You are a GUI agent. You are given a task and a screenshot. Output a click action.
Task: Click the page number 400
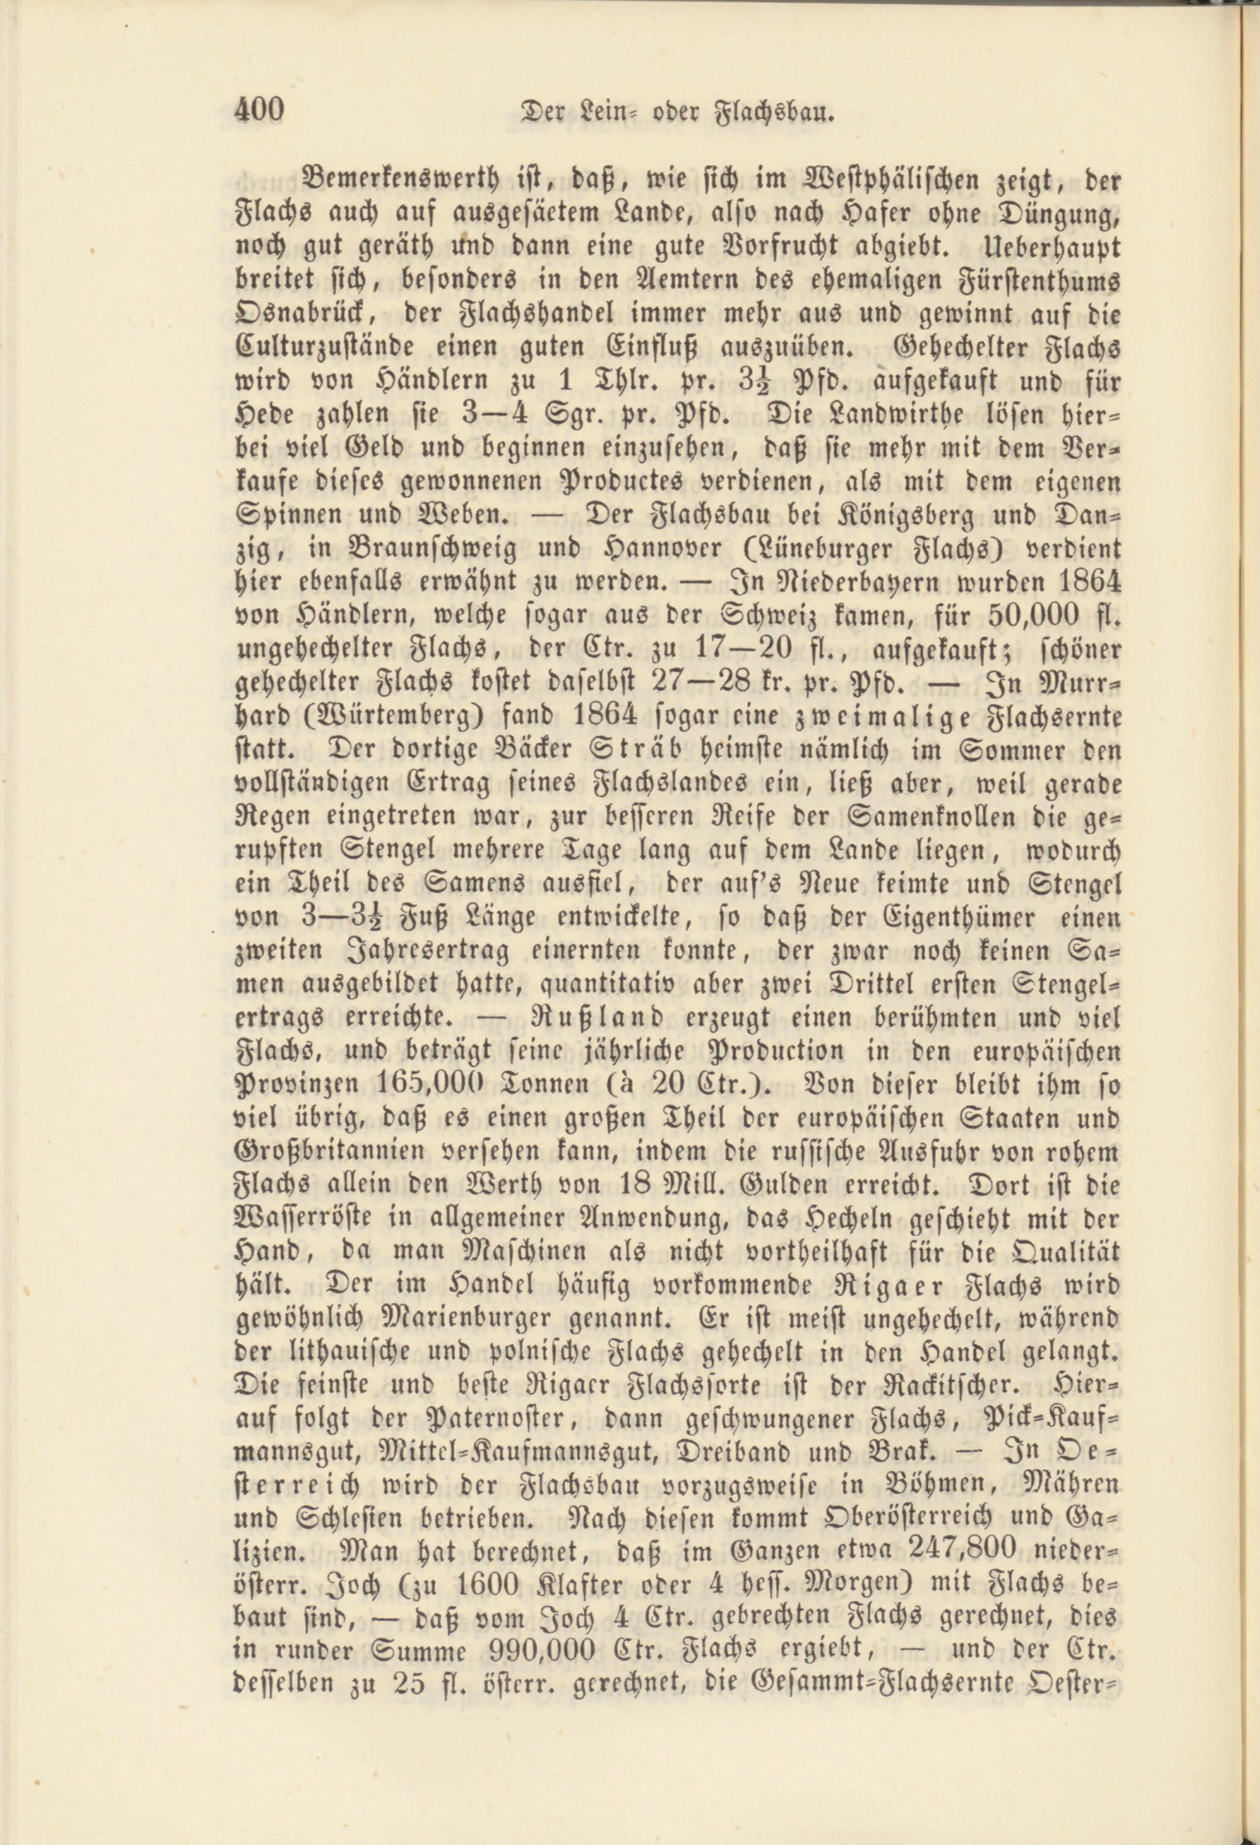tap(260, 110)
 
